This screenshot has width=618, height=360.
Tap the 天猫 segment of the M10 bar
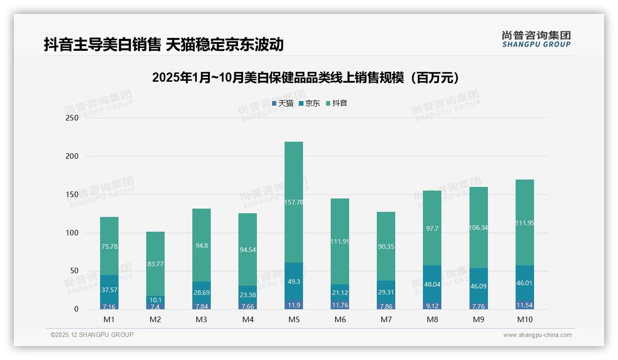point(524,305)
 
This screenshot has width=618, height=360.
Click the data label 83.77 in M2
point(155,264)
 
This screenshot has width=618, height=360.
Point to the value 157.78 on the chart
point(294,202)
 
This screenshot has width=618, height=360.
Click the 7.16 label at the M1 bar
point(109,306)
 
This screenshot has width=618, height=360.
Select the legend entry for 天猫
point(283,103)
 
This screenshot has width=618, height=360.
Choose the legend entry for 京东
point(309,103)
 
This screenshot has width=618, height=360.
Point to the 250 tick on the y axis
point(72,118)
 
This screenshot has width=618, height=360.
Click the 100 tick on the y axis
point(72,233)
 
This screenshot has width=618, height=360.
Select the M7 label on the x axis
point(386,319)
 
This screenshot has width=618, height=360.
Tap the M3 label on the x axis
point(202,319)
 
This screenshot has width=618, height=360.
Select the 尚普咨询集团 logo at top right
point(536,39)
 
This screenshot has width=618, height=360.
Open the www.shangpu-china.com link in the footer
point(537,335)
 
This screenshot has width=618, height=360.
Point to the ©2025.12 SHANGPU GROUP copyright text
point(92,335)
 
